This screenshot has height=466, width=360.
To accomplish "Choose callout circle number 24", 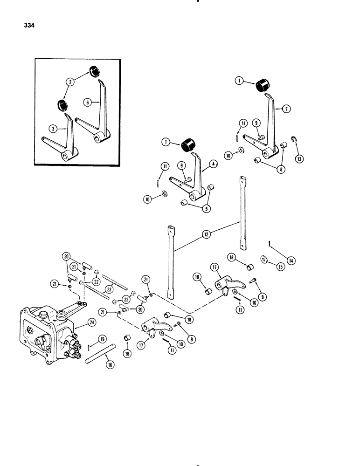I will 85,321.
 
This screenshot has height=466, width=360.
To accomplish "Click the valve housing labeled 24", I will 44,331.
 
